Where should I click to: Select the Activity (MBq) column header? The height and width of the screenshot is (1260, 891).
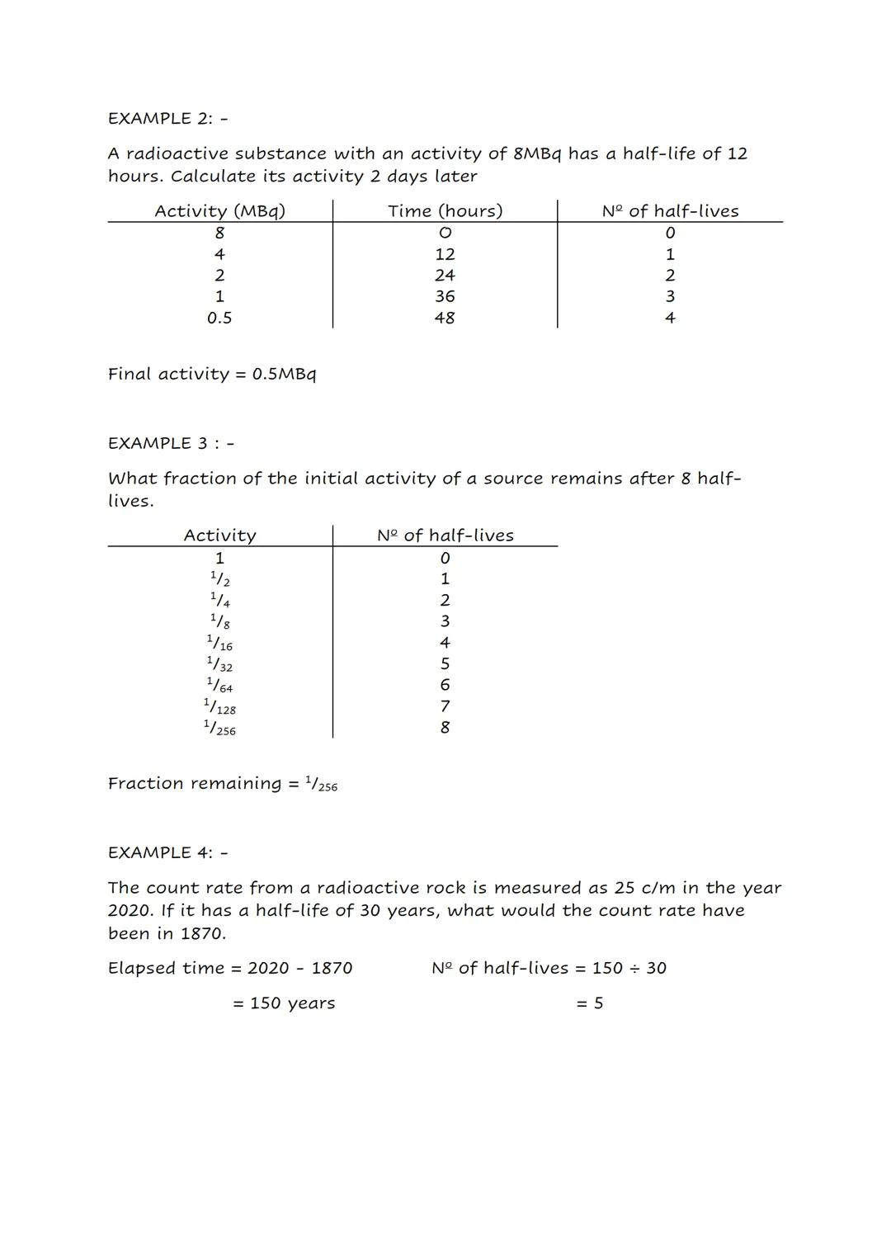coord(219,211)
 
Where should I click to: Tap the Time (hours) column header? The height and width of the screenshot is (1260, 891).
coord(445,211)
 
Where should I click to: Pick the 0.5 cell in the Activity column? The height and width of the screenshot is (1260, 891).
coord(219,318)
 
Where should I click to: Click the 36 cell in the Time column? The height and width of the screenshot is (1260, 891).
coord(445,296)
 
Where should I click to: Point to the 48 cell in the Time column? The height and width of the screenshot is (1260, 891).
coord(445,318)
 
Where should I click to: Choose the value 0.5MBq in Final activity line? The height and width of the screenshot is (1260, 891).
coord(284,374)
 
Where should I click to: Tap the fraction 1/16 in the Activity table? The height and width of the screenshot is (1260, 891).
coord(219,643)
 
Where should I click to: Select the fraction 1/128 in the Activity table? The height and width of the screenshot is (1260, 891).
coord(219,706)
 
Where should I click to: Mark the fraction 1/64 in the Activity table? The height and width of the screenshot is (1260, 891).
coord(219,685)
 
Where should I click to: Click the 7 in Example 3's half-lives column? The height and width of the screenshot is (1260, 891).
coord(445,706)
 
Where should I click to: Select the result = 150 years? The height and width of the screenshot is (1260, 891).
coord(284,1003)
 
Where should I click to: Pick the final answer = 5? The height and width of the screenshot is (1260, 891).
coord(590,1003)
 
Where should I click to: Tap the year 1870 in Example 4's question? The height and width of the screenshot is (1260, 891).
coord(202,933)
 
